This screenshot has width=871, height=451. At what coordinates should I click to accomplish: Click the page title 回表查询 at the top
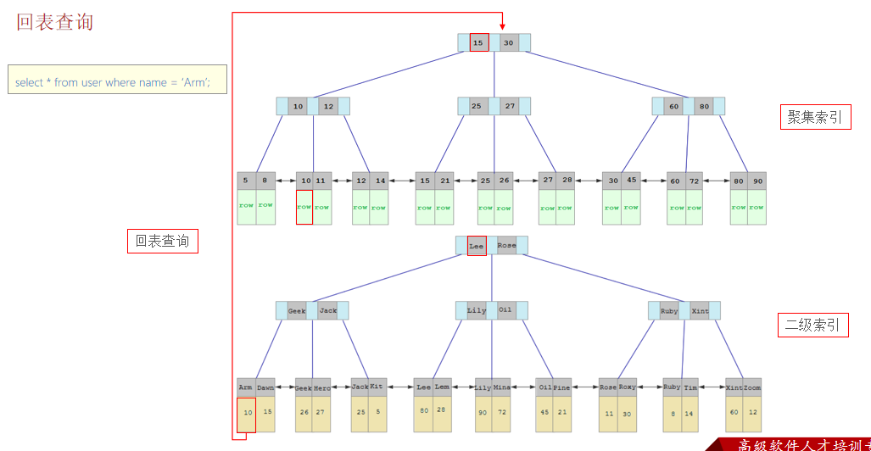pos(55,22)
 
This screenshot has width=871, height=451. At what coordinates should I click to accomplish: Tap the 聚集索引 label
pos(814,117)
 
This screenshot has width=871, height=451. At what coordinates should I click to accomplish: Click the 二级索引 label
pos(813,324)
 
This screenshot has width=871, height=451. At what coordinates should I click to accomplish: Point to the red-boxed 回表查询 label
pos(162,242)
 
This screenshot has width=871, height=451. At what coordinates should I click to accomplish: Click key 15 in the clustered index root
pos(478,42)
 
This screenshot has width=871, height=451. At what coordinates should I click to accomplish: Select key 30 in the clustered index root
pos(509,42)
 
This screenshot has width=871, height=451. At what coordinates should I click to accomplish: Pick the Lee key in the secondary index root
pos(477,246)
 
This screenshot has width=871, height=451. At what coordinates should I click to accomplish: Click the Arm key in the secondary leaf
pos(245,387)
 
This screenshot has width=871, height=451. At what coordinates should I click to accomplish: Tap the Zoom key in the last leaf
pos(752,387)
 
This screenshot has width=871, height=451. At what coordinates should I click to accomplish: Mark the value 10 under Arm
pos(246,413)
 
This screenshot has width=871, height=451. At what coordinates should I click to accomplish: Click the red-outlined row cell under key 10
pos(304,207)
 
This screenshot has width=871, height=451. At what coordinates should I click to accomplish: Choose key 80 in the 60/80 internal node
pos(704,107)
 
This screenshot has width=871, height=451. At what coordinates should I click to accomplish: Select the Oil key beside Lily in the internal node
pos(505,310)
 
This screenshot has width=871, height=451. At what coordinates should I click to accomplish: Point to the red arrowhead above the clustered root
pos(502,26)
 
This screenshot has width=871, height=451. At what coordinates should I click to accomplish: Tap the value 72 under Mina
pos(502,412)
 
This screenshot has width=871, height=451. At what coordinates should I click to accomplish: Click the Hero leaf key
pos(322,387)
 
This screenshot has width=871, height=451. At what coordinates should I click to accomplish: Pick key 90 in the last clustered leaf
pos(757,181)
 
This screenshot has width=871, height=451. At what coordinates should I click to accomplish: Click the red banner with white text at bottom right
pos(793,444)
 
